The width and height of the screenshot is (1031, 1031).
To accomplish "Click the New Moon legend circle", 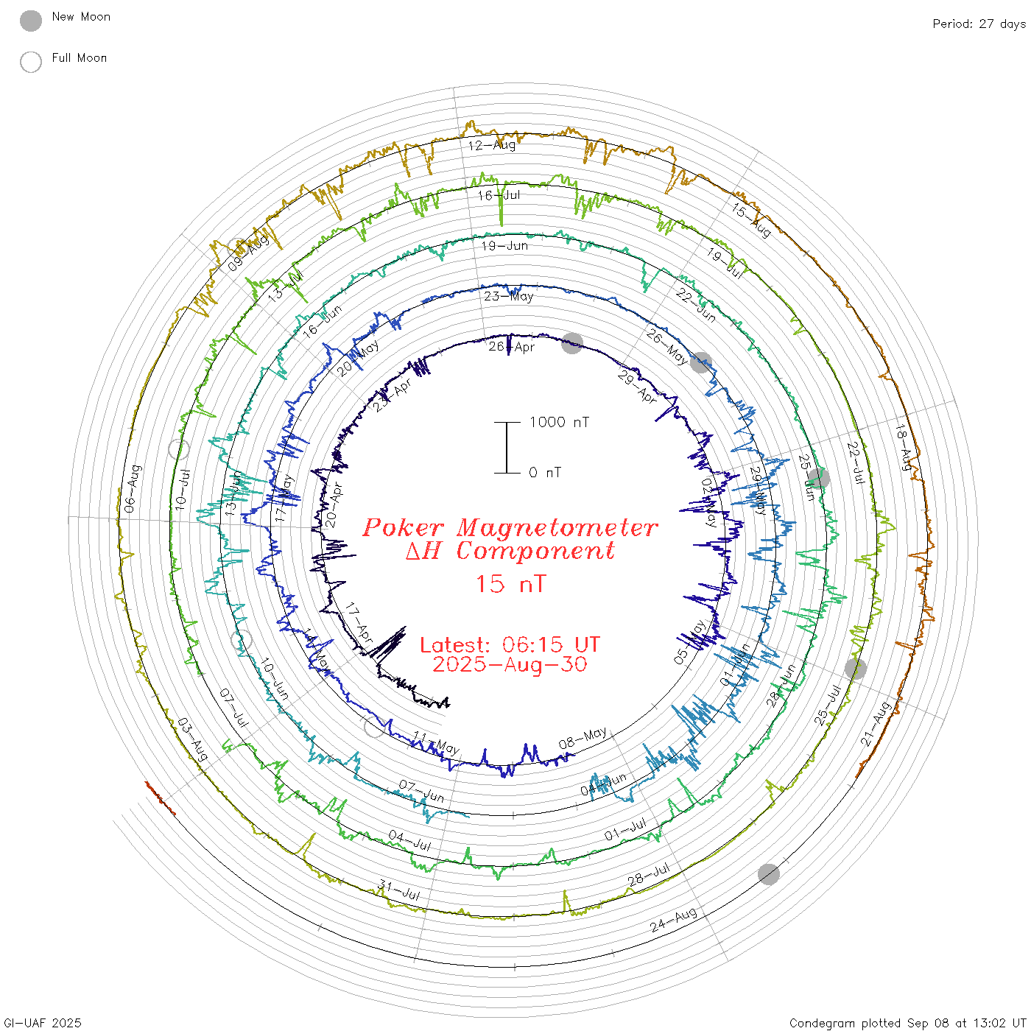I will [x=31, y=21].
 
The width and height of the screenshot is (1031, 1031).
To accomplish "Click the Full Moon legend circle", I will [x=31, y=62].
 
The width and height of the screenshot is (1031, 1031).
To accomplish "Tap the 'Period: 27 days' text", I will [x=979, y=24].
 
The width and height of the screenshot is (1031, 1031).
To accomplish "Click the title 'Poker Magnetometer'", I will [x=510, y=527].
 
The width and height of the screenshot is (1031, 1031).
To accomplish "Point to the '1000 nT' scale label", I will [x=560, y=422].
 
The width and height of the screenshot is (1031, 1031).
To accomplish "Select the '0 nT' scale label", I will [x=545, y=473].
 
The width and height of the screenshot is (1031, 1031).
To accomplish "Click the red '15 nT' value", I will [x=510, y=584].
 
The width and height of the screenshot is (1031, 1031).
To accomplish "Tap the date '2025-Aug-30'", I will [x=510, y=664].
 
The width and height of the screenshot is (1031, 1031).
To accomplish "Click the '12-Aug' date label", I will [x=492, y=145].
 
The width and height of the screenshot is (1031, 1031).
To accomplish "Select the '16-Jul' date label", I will [x=499, y=195].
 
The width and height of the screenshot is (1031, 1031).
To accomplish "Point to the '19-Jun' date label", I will [x=504, y=245].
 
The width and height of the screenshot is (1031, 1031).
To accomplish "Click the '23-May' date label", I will [x=508, y=296].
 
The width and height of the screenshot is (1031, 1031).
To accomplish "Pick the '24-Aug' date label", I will [x=674, y=921].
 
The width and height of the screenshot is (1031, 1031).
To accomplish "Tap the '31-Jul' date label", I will [x=398, y=890].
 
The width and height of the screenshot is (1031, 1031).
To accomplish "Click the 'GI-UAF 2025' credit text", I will [x=42, y=1023].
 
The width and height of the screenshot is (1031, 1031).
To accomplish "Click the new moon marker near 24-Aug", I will [x=769, y=874].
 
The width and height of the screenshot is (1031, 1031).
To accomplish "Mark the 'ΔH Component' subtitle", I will [x=510, y=551].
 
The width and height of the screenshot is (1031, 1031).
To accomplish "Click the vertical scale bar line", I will [x=507, y=448].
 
